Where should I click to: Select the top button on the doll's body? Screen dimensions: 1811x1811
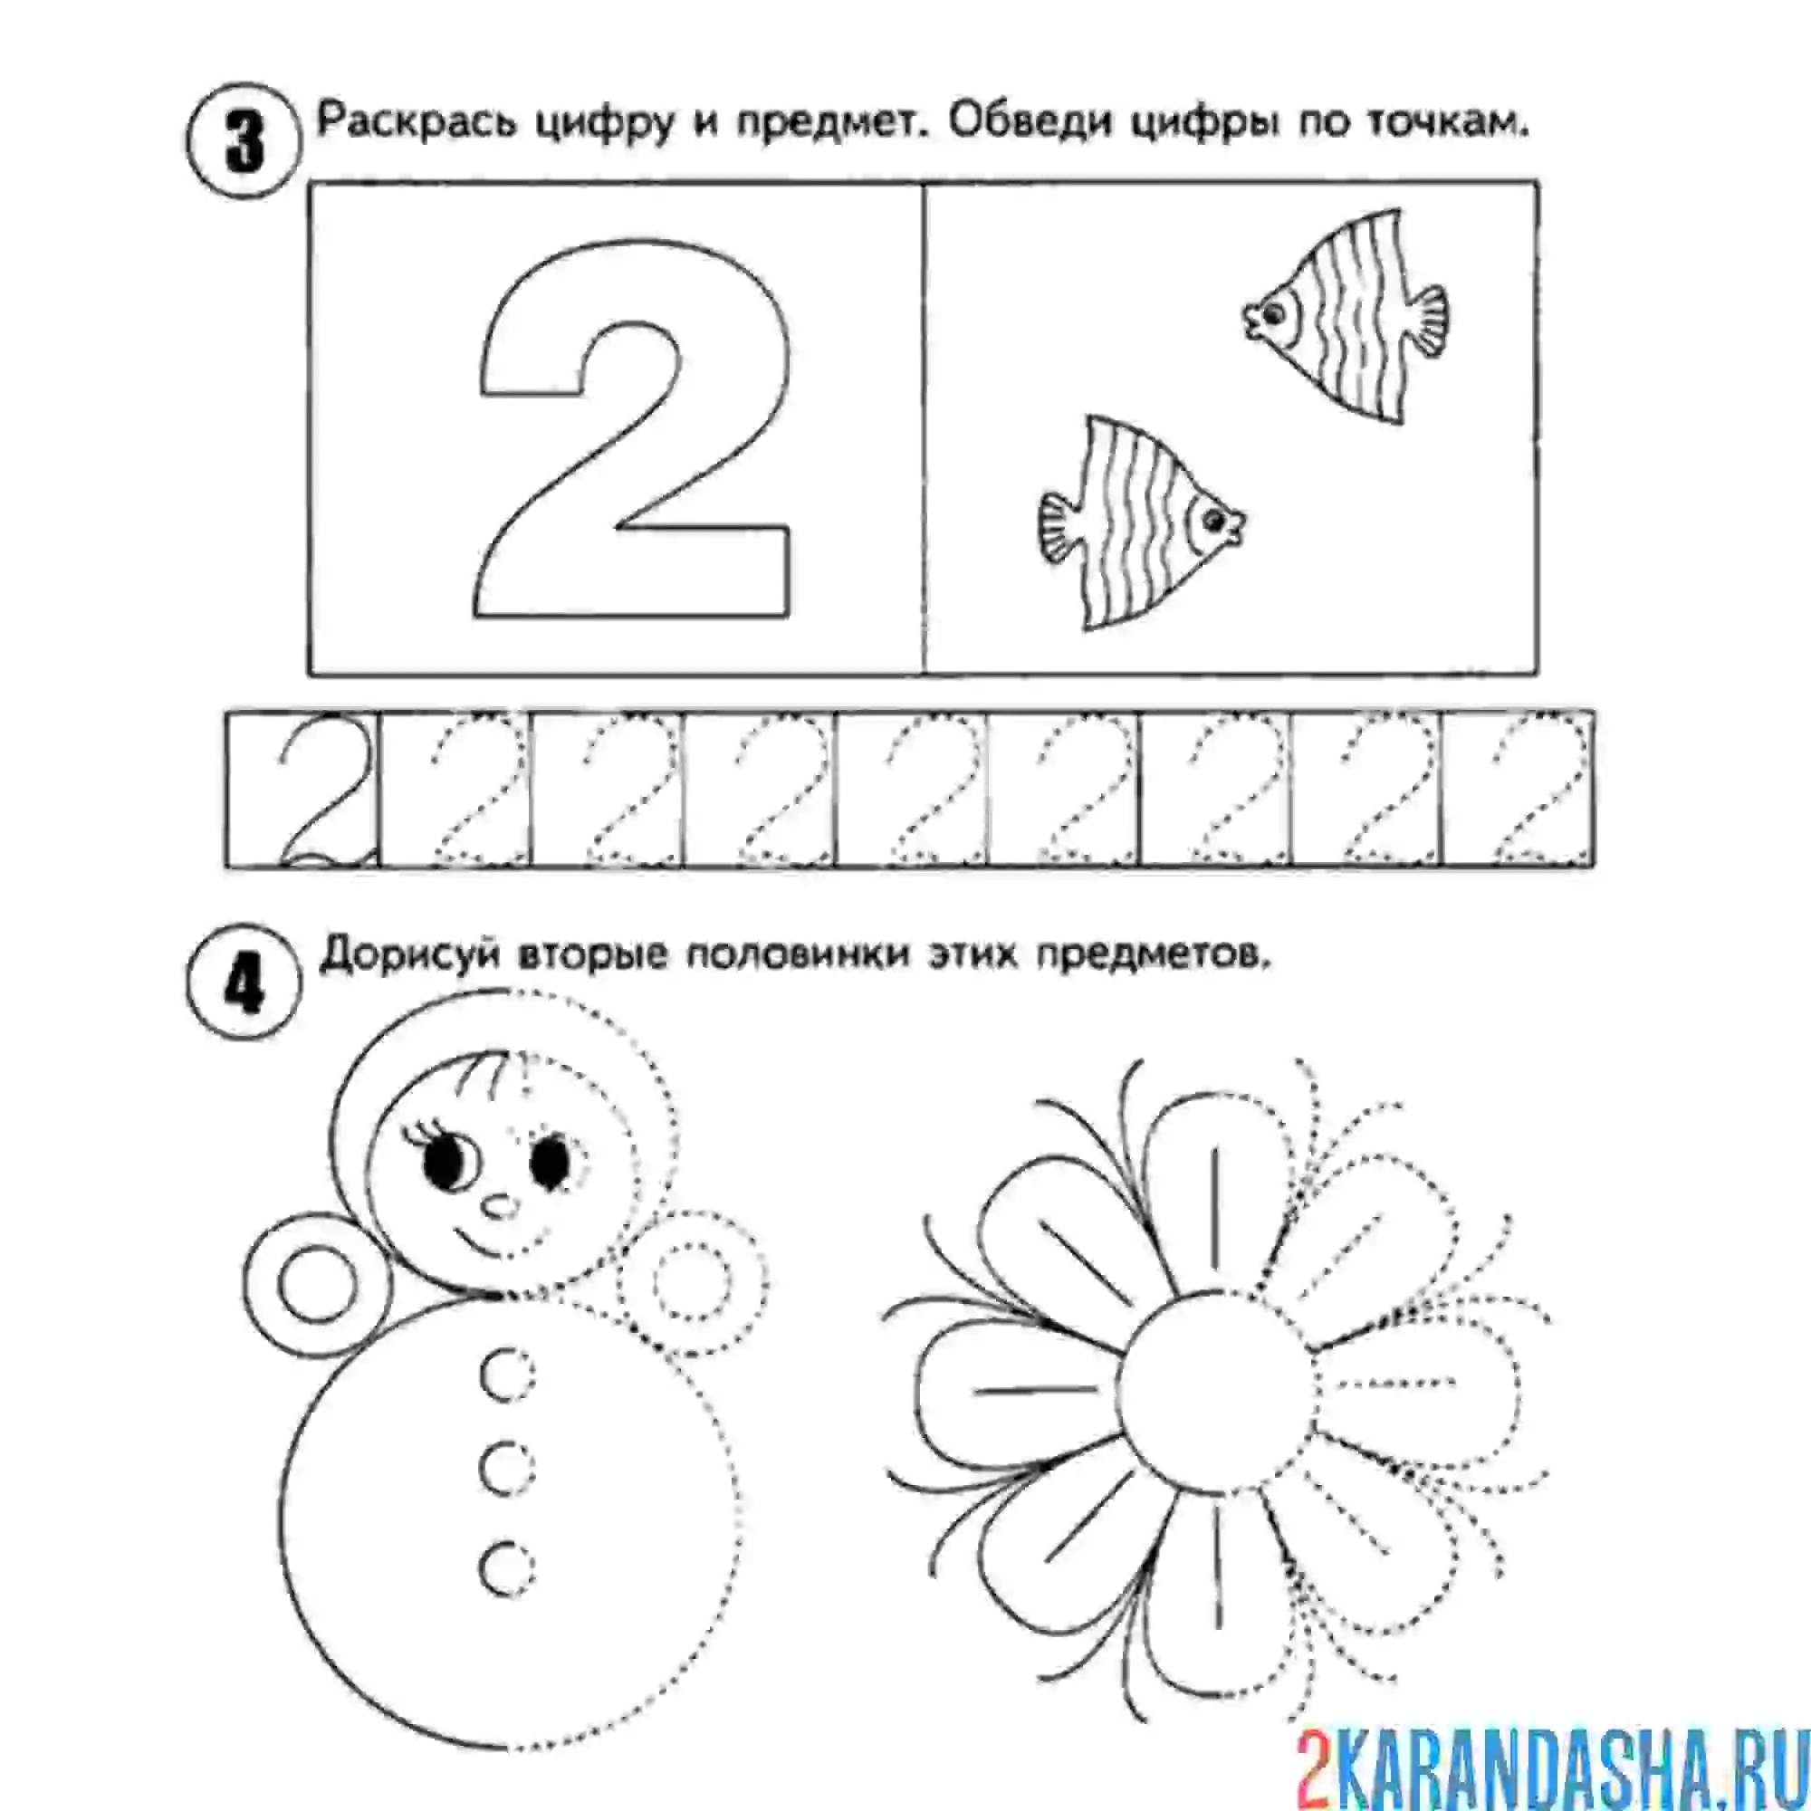tap(508, 1375)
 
